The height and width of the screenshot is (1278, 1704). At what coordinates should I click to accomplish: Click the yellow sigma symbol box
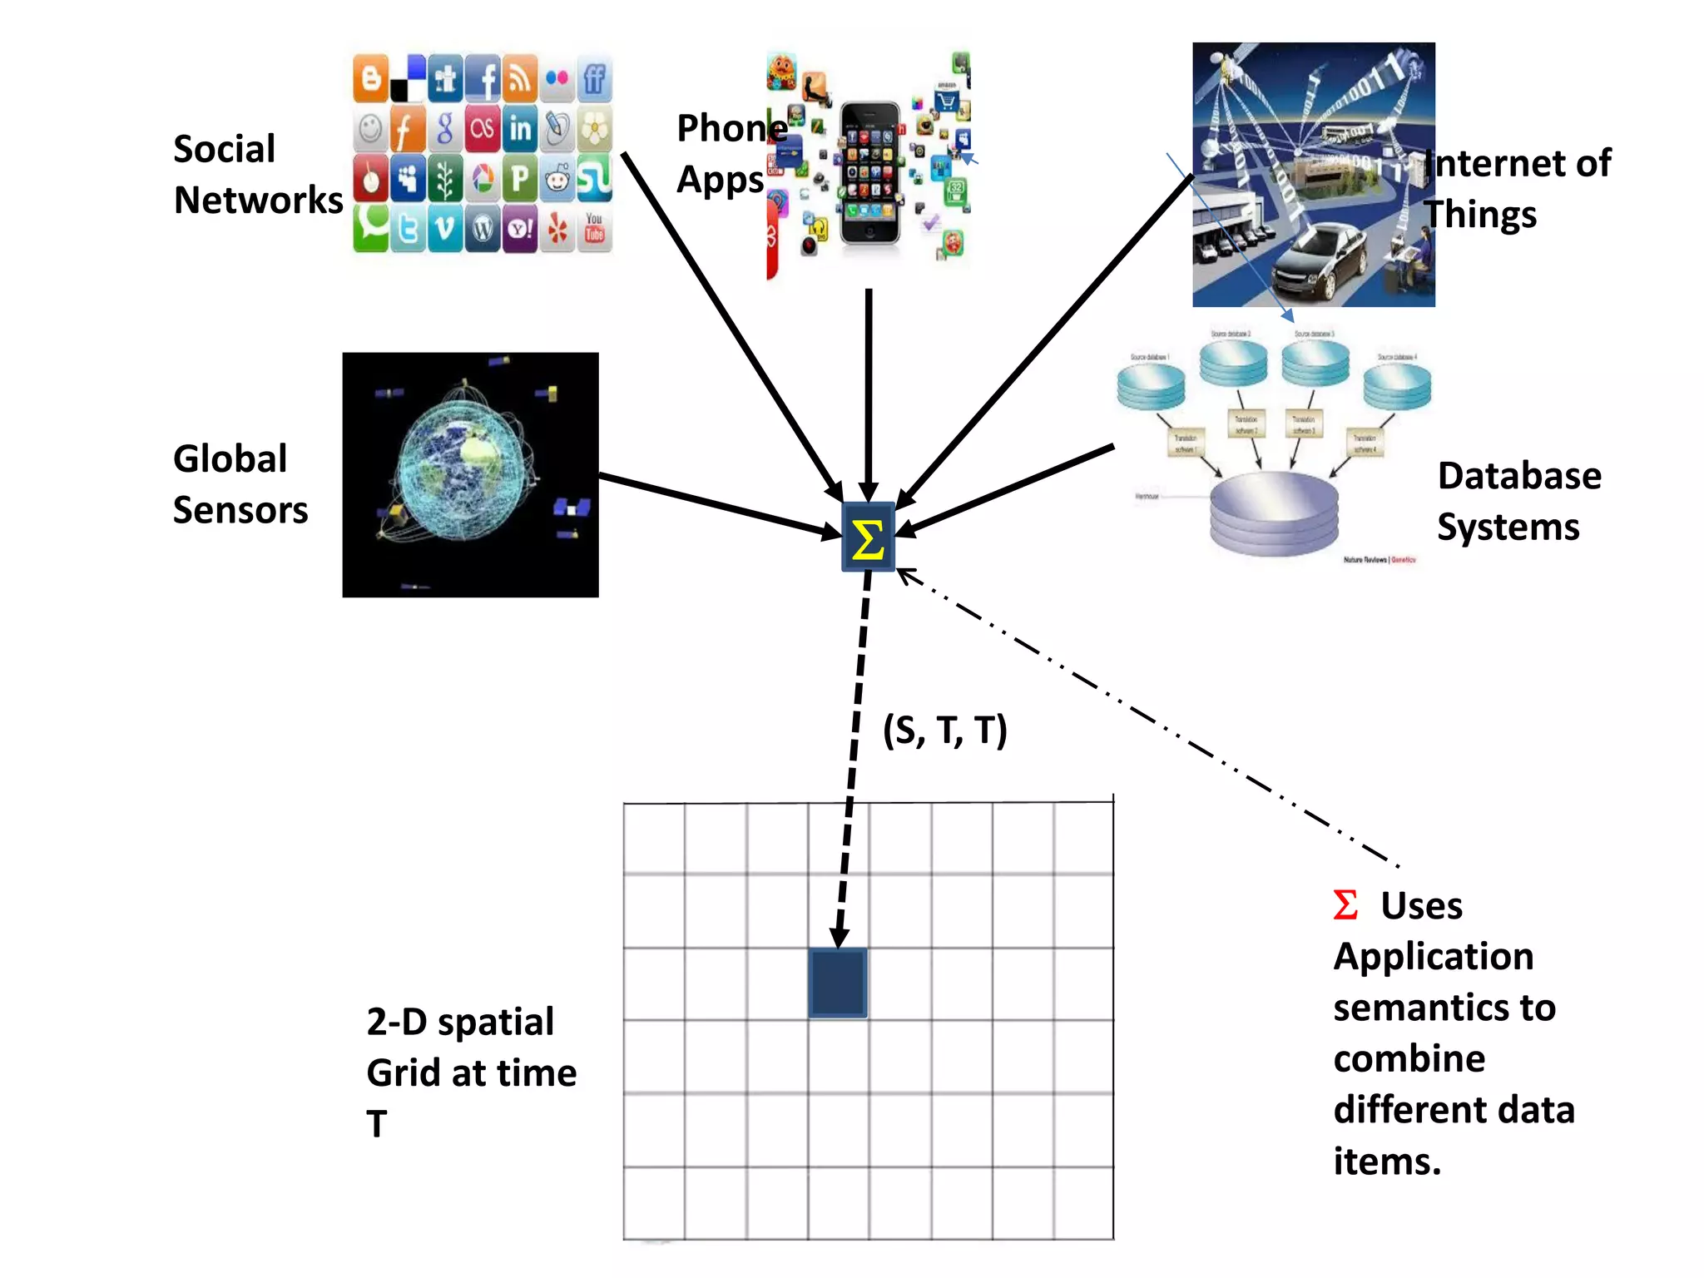(868, 537)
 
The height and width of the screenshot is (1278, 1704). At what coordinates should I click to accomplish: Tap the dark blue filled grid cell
(837, 983)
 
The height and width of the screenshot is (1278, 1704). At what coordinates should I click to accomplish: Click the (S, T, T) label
(944, 731)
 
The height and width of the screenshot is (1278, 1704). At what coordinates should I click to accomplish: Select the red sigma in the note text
(1345, 905)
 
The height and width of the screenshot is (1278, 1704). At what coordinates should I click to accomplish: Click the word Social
(224, 150)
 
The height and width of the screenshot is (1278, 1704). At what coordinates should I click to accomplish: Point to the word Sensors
(240, 510)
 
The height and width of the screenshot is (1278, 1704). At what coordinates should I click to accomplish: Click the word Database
(1518, 477)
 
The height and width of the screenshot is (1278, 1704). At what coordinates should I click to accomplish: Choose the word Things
(1480, 215)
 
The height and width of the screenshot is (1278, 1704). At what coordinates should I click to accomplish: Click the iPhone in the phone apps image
(869, 173)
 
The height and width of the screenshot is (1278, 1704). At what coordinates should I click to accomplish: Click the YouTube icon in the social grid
(594, 228)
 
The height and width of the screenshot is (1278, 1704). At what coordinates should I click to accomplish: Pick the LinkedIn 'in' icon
(520, 129)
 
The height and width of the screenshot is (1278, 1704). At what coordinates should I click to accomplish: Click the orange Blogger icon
(371, 78)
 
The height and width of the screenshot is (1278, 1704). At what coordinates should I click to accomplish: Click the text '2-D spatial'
(460, 1022)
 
